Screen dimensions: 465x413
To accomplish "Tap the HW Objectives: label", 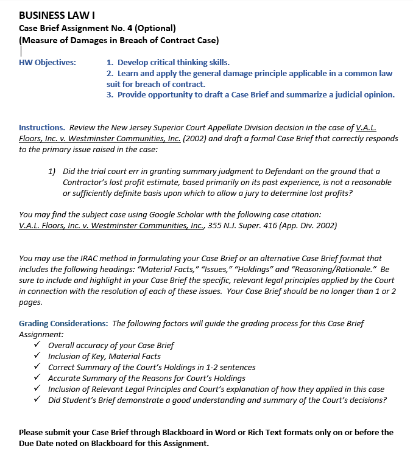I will (x=48, y=63).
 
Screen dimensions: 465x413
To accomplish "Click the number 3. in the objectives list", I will (x=110, y=94).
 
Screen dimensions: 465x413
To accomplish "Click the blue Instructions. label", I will (x=42, y=128).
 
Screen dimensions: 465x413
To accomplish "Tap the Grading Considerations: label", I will (x=64, y=324).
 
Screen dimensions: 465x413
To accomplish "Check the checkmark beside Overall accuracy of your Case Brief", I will (x=38, y=345).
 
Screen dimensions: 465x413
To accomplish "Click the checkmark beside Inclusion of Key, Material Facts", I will (x=38, y=356).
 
